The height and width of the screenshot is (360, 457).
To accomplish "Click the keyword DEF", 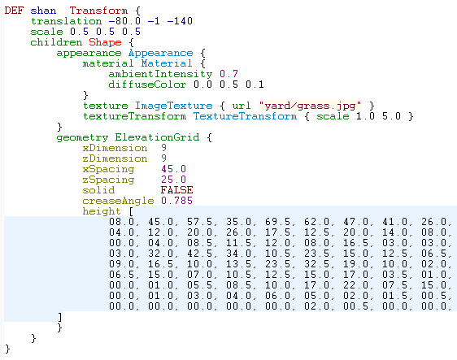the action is (x=14, y=11).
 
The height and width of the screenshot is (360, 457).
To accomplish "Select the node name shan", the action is (x=43, y=11).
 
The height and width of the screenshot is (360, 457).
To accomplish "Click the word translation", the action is (x=66, y=21).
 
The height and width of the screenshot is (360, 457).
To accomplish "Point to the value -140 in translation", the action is (x=180, y=21).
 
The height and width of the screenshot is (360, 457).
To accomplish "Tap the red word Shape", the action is (x=105, y=42).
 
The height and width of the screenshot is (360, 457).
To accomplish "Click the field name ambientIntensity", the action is (x=160, y=74).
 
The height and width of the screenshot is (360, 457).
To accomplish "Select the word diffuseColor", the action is (x=147, y=85).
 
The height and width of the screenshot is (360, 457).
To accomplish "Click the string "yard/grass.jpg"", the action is (x=310, y=106).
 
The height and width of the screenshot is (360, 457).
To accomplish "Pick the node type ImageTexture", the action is (x=174, y=106).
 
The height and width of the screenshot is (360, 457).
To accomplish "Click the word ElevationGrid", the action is (x=157, y=137).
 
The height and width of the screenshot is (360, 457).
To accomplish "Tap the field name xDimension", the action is (x=115, y=148).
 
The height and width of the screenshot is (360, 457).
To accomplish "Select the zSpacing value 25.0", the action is (x=173, y=180).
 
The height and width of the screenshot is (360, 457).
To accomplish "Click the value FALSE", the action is (x=176, y=190).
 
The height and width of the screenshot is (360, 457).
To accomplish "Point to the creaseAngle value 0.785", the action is (x=176, y=201).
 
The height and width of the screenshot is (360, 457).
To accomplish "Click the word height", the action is (x=102, y=211).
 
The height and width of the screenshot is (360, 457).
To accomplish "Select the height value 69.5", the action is (x=278, y=222).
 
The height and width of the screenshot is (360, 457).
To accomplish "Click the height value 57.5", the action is (x=200, y=222).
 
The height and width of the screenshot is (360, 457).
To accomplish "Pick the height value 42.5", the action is (x=200, y=254).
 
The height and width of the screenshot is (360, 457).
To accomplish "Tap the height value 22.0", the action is (x=356, y=285).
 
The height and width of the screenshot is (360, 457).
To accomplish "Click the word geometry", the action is (x=82, y=137).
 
